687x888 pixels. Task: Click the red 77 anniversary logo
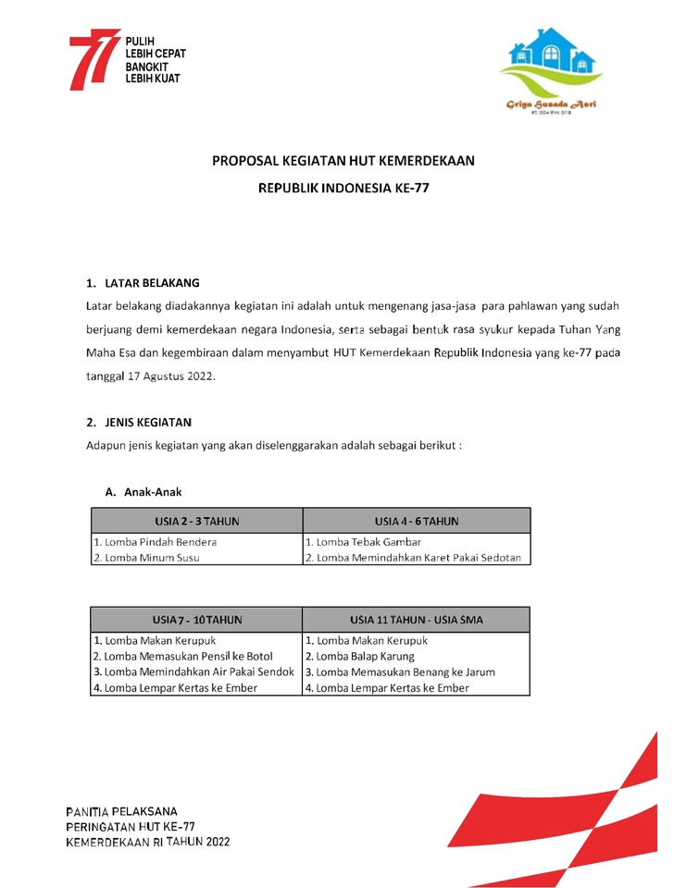(x=94, y=59)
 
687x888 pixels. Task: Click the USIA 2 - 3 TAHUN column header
(x=197, y=522)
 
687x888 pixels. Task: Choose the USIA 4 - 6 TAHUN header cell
(x=417, y=522)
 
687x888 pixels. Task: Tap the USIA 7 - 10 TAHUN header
(x=197, y=620)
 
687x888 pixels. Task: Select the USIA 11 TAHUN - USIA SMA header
(x=417, y=620)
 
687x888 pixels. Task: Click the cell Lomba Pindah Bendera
(x=155, y=542)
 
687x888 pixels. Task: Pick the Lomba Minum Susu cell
(x=145, y=558)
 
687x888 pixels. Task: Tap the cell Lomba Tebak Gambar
(x=363, y=542)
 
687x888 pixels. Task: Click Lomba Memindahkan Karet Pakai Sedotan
(x=413, y=558)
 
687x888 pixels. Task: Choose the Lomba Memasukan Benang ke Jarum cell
(x=399, y=672)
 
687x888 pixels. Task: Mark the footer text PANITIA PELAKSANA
(x=121, y=811)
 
